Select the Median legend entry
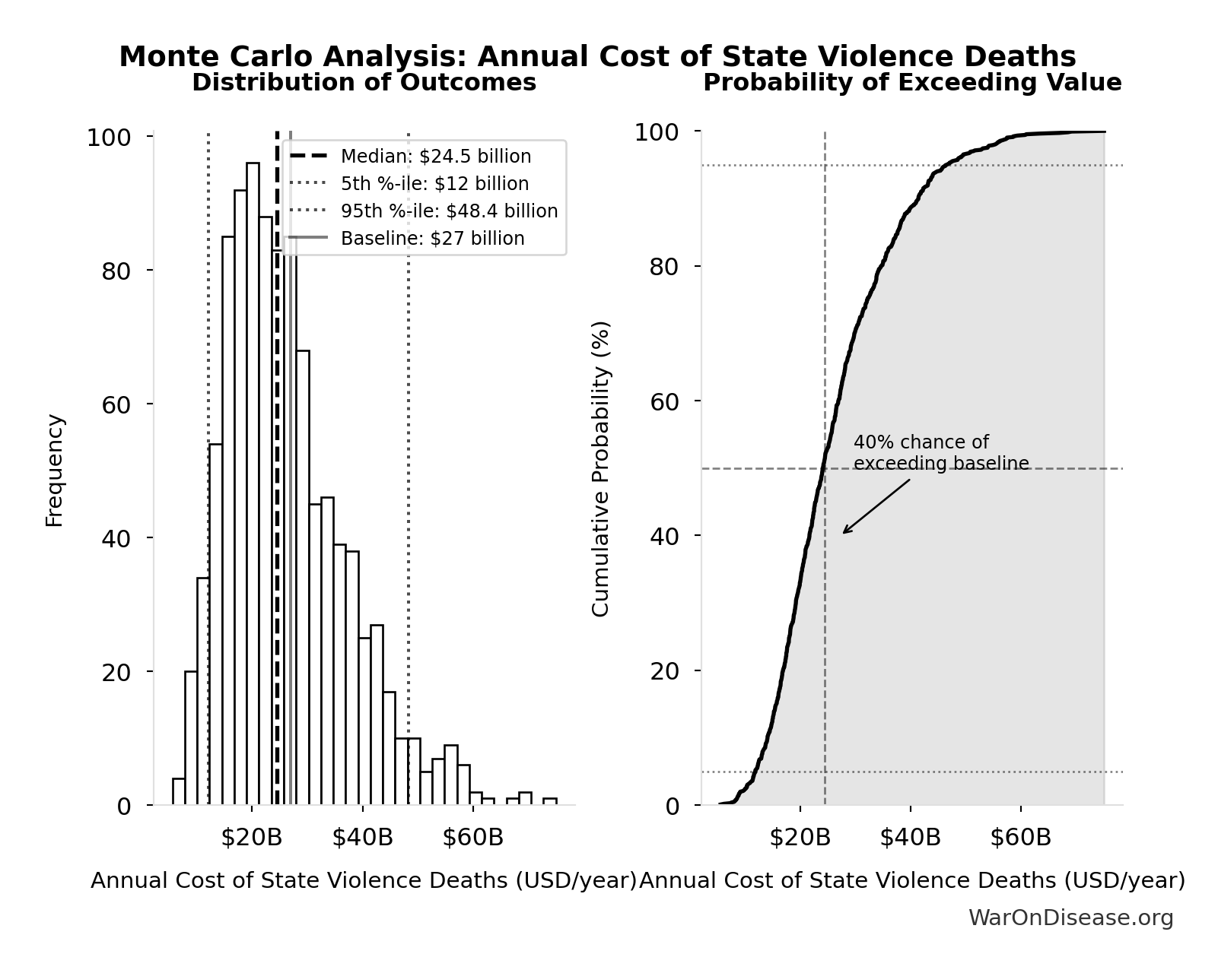coord(435,157)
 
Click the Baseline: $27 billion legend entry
coord(432,239)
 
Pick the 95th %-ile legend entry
coord(449,211)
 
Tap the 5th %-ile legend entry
coord(434,184)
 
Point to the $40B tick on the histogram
coord(363,838)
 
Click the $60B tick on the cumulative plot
coord(1020,838)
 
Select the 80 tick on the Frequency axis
coord(116,271)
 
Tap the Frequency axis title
coord(55,470)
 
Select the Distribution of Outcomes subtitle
coord(364,83)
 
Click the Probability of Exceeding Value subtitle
coord(911,83)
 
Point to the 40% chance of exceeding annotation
coord(940,453)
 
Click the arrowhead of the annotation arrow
coord(844,532)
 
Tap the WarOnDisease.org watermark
coord(1070,918)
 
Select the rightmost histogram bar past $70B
coord(549,801)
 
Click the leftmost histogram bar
coord(179,791)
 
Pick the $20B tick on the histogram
coord(252,838)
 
